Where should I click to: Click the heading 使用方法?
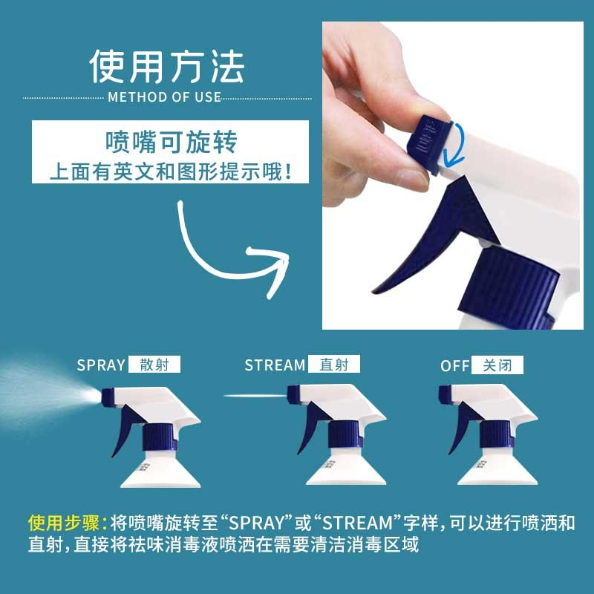pyautogui.click(x=167, y=67)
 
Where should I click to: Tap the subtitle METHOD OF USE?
pyautogui.click(x=164, y=97)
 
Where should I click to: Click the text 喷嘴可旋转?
pyautogui.click(x=172, y=142)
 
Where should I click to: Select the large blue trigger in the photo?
pyautogui.click(x=436, y=235)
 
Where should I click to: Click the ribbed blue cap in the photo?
pyautogui.click(x=508, y=288)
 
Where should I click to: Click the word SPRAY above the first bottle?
pyautogui.click(x=101, y=365)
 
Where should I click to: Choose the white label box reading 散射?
pyautogui.click(x=154, y=365)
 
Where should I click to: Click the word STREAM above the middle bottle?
pyautogui.click(x=275, y=365)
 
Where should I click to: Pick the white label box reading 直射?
pyautogui.click(x=333, y=364)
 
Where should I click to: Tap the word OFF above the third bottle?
pyautogui.click(x=454, y=366)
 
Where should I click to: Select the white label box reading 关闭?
pyautogui.click(x=497, y=365)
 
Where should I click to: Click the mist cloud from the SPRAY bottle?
pyautogui.click(x=45, y=394)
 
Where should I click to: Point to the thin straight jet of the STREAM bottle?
pyautogui.click(x=255, y=396)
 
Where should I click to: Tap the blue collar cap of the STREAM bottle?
pyautogui.click(x=345, y=434)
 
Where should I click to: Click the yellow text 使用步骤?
pyautogui.click(x=64, y=523)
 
